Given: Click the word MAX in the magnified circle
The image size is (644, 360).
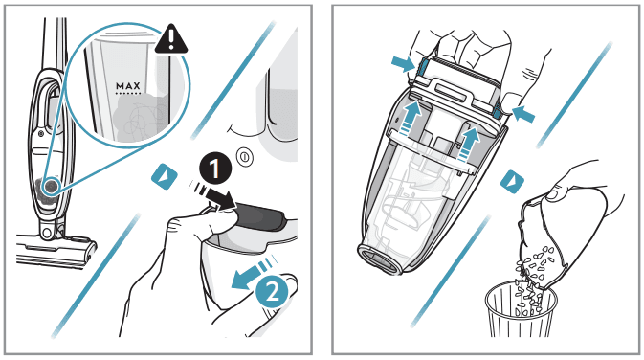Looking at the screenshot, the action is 127,86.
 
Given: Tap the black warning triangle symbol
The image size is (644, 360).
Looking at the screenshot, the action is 171,39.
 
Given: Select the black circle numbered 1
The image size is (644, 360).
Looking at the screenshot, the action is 215,169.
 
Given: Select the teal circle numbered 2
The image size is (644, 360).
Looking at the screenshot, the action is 272,292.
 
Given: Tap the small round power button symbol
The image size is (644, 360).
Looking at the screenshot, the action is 245,157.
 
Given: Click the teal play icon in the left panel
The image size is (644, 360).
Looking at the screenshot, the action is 165,177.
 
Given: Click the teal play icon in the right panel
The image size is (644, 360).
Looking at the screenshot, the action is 512,181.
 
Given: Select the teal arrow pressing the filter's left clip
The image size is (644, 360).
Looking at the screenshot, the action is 404,64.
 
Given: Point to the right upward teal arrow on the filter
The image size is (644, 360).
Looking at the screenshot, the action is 468,145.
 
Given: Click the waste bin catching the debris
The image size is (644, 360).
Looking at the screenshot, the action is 521,309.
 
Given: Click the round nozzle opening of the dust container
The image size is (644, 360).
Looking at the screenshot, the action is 380,259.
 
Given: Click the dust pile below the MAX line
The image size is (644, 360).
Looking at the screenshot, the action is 140,116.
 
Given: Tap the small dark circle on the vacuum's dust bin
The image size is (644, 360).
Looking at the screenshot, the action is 51,186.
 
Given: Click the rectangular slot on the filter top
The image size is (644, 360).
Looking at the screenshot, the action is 451,92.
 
